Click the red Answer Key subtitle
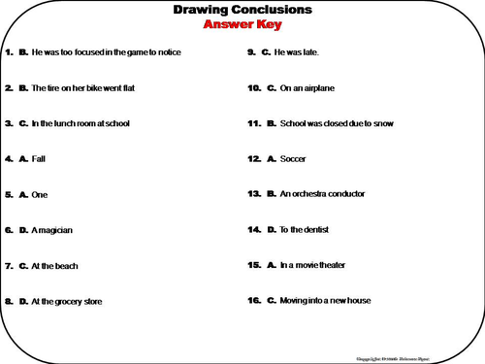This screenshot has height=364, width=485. click(242, 25)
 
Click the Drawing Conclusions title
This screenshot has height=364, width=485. click(242, 11)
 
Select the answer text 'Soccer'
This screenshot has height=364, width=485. click(295, 158)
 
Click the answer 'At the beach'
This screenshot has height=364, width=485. click(54, 265)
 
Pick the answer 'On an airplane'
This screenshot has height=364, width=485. click(307, 87)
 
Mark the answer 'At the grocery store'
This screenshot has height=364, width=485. click(67, 302)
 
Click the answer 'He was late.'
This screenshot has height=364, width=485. click(297, 51)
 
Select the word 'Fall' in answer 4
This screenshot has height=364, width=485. click(39, 158)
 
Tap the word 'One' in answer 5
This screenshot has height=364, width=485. click(40, 194)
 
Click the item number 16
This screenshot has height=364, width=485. click(254, 300)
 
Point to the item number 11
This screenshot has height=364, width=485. click(254, 123)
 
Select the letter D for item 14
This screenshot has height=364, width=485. click(271, 230)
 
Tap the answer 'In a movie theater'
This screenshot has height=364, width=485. click(312, 265)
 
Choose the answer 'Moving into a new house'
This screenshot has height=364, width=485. click(325, 300)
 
